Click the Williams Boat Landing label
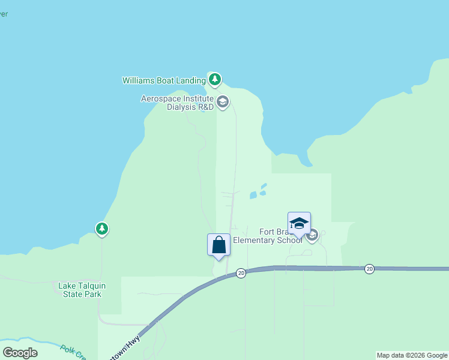[163, 80]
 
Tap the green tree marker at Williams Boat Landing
[215, 79]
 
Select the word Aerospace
[161, 98]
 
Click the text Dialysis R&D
[190, 107]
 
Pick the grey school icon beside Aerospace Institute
[223, 102]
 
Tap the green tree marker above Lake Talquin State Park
[102, 229]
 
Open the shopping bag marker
[218, 245]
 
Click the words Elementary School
[267, 241]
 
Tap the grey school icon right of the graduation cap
[312, 235]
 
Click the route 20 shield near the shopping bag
[240, 273]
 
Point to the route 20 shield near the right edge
[369, 269]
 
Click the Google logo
[20, 352]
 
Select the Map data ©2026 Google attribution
[412, 355]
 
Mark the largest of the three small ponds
[253, 195]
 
